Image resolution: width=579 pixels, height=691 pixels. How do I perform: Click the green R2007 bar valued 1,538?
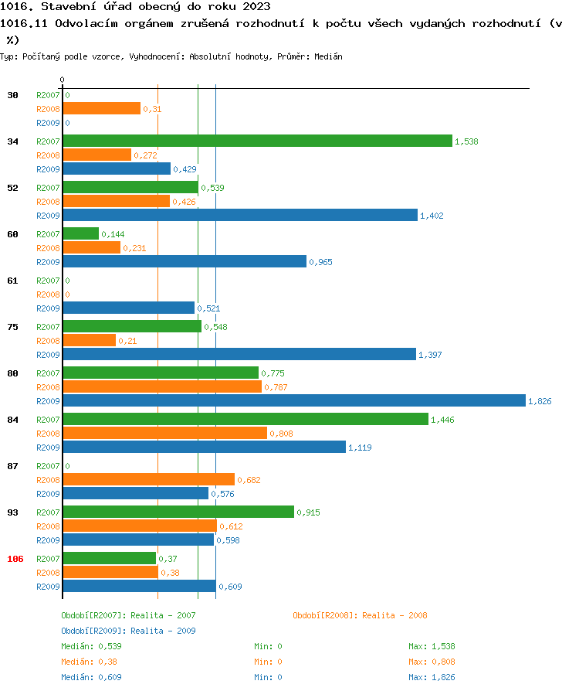pos(257,141)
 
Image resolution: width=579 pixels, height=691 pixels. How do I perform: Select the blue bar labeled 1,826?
pos(293,400)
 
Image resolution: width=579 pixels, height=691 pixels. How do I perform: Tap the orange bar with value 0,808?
pos(164,433)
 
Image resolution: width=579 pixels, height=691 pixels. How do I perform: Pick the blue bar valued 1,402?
pos(239,215)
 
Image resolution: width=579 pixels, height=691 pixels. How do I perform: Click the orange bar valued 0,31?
pos(101,108)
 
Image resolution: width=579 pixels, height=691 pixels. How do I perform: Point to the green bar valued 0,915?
pos(178,512)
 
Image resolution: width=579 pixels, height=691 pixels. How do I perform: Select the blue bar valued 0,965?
pos(185,261)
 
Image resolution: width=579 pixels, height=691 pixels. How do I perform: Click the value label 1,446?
pos(443,420)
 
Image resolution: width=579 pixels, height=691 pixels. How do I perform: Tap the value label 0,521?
pos(208,308)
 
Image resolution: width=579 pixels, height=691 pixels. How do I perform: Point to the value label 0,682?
pos(249,480)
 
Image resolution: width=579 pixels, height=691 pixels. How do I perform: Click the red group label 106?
pos(15,559)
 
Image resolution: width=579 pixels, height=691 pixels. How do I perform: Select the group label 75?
pos(12,327)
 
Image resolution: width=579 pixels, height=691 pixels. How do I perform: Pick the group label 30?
pos(12,95)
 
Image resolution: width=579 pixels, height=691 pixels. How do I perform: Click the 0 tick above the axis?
pos(62,80)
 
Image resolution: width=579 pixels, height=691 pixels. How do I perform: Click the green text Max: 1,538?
pos(432,646)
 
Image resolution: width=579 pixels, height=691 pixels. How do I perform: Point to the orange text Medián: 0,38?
pos(89,662)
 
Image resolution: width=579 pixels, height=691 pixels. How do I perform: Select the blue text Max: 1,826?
pos(432,677)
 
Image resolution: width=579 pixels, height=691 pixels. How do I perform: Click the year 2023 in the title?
pos(255,7)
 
